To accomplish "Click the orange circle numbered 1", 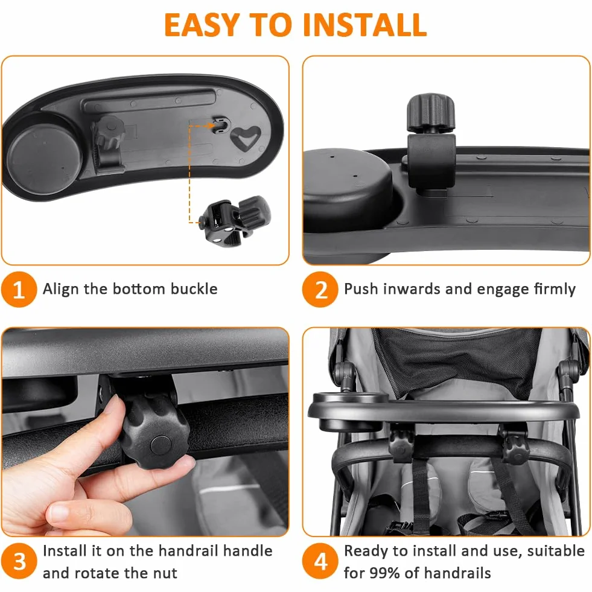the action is (x=19, y=289).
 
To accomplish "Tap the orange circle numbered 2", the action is (x=320, y=289).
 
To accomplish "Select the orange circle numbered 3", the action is (x=19, y=561).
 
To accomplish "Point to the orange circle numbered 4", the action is (x=320, y=561).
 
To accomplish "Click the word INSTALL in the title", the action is (x=364, y=25).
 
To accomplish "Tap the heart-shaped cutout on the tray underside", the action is (x=246, y=138).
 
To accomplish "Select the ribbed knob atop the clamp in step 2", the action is (x=430, y=113).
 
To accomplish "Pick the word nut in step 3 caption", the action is (x=165, y=573).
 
